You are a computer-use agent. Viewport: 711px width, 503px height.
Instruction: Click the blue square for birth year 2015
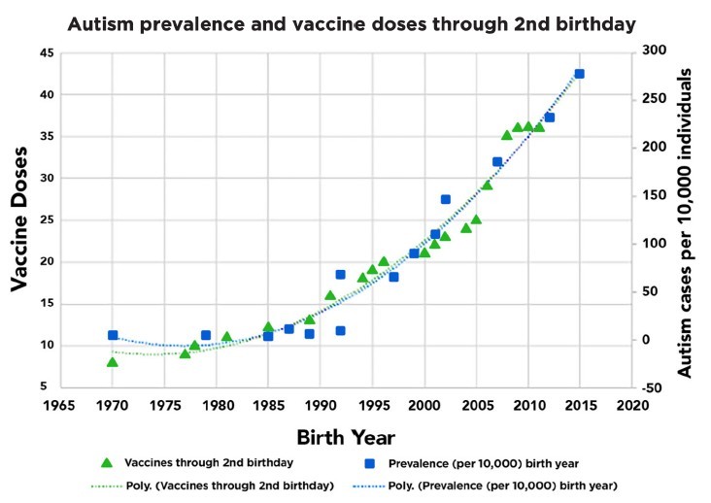[579, 74]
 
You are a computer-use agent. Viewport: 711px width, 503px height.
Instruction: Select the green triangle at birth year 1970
[113, 362]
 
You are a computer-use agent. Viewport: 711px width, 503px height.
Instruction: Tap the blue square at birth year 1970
[113, 335]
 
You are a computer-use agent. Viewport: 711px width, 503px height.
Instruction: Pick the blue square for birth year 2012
[550, 117]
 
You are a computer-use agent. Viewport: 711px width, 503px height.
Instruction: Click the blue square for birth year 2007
[497, 162]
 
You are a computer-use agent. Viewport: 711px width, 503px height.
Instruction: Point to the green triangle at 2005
[476, 219]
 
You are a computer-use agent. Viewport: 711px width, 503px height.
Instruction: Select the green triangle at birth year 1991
[330, 295]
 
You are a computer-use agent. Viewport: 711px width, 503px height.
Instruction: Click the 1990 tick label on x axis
[321, 405]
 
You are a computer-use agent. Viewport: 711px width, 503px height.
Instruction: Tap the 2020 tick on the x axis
[632, 405]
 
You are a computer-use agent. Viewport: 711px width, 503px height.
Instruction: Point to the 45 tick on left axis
[48, 53]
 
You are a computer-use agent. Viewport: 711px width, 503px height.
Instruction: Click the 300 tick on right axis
[655, 50]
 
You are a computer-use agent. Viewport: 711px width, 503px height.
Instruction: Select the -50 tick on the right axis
[653, 387]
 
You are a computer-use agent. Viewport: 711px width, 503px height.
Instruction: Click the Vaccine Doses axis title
[19, 219]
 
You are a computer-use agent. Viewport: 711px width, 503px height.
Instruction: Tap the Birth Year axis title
[346, 438]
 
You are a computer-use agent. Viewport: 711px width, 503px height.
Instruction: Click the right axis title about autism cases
[684, 223]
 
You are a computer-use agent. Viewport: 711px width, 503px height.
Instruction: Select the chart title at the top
[352, 24]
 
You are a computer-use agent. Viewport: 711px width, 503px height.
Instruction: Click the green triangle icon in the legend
[107, 462]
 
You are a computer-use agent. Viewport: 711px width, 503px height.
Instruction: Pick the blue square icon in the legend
[370, 463]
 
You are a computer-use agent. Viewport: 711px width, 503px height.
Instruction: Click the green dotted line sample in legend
[107, 486]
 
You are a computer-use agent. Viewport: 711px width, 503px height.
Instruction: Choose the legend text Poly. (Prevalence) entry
[503, 486]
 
